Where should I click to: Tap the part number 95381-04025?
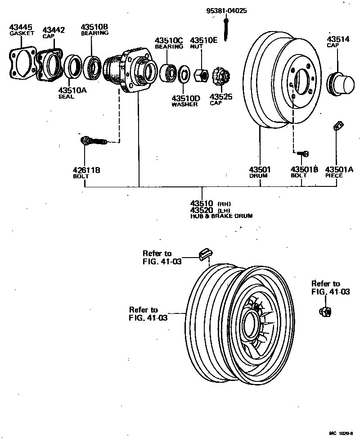(x=228, y=10)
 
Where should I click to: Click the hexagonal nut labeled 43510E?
(x=201, y=74)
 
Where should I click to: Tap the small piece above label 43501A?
(x=337, y=127)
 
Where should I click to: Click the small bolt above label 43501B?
(x=304, y=154)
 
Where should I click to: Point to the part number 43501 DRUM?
(x=260, y=169)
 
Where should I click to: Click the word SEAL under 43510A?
(x=66, y=96)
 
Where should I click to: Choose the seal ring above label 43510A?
(x=72, y=66)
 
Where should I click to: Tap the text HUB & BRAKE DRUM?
(x=221, y=216)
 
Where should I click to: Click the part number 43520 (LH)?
(x=202, y=210)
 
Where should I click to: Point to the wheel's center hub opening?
(x=250, y=323)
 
